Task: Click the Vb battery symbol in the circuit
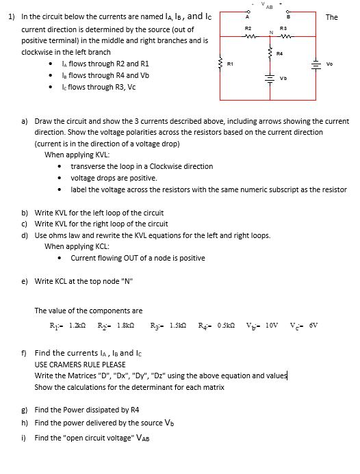click(270, 77)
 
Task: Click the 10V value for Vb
click(272, 325)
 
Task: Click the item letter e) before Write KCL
click(25, 280)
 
